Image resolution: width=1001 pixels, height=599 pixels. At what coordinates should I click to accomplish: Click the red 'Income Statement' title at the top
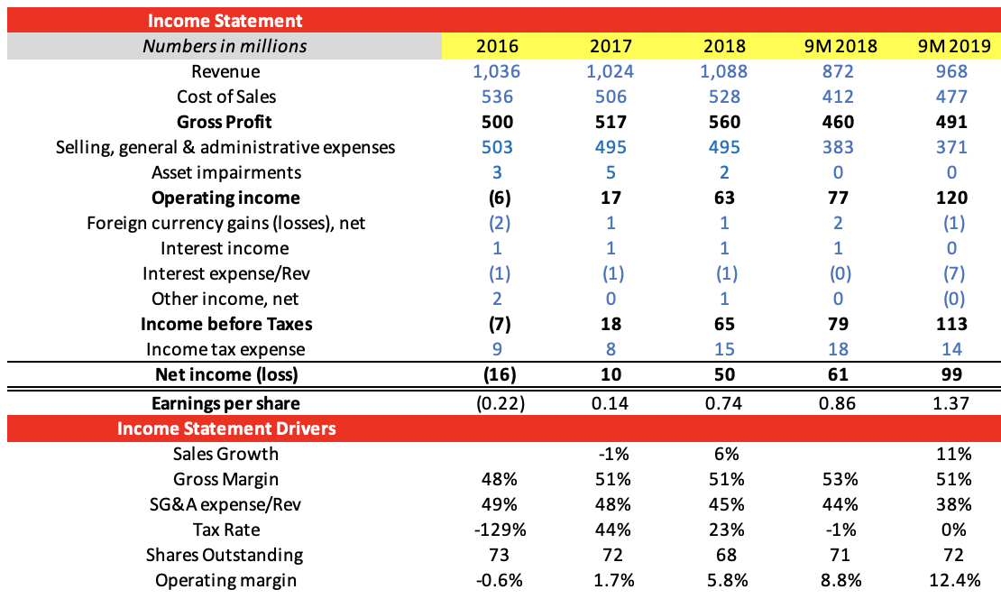coord(225,20)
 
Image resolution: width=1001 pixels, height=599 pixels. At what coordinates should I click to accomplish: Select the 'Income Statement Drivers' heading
coord(226,429)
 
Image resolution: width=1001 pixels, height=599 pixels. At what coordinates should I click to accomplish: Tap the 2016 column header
coord(497,46)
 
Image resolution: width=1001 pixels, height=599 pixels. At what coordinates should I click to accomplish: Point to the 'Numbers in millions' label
coord(225,46)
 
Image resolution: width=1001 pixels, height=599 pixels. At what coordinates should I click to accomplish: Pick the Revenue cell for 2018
coord(723,71)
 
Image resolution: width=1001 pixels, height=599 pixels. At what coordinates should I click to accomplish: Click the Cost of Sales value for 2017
coord(611,97)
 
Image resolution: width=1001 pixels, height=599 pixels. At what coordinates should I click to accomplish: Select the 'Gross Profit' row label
coord(225,122)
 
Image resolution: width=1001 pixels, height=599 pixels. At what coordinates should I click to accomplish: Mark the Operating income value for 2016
coord(497,198)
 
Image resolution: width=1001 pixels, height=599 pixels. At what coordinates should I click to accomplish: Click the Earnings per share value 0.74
coord(723,403)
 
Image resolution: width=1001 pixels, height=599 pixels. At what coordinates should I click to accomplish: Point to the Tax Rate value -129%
coord(497,530)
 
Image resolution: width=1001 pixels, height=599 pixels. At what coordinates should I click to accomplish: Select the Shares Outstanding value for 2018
coord(723,555)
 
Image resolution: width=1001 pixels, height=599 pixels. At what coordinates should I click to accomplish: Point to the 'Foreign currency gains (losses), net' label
coord(225,223)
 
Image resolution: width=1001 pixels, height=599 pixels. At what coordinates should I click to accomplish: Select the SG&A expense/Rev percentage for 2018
coord(723,504)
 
